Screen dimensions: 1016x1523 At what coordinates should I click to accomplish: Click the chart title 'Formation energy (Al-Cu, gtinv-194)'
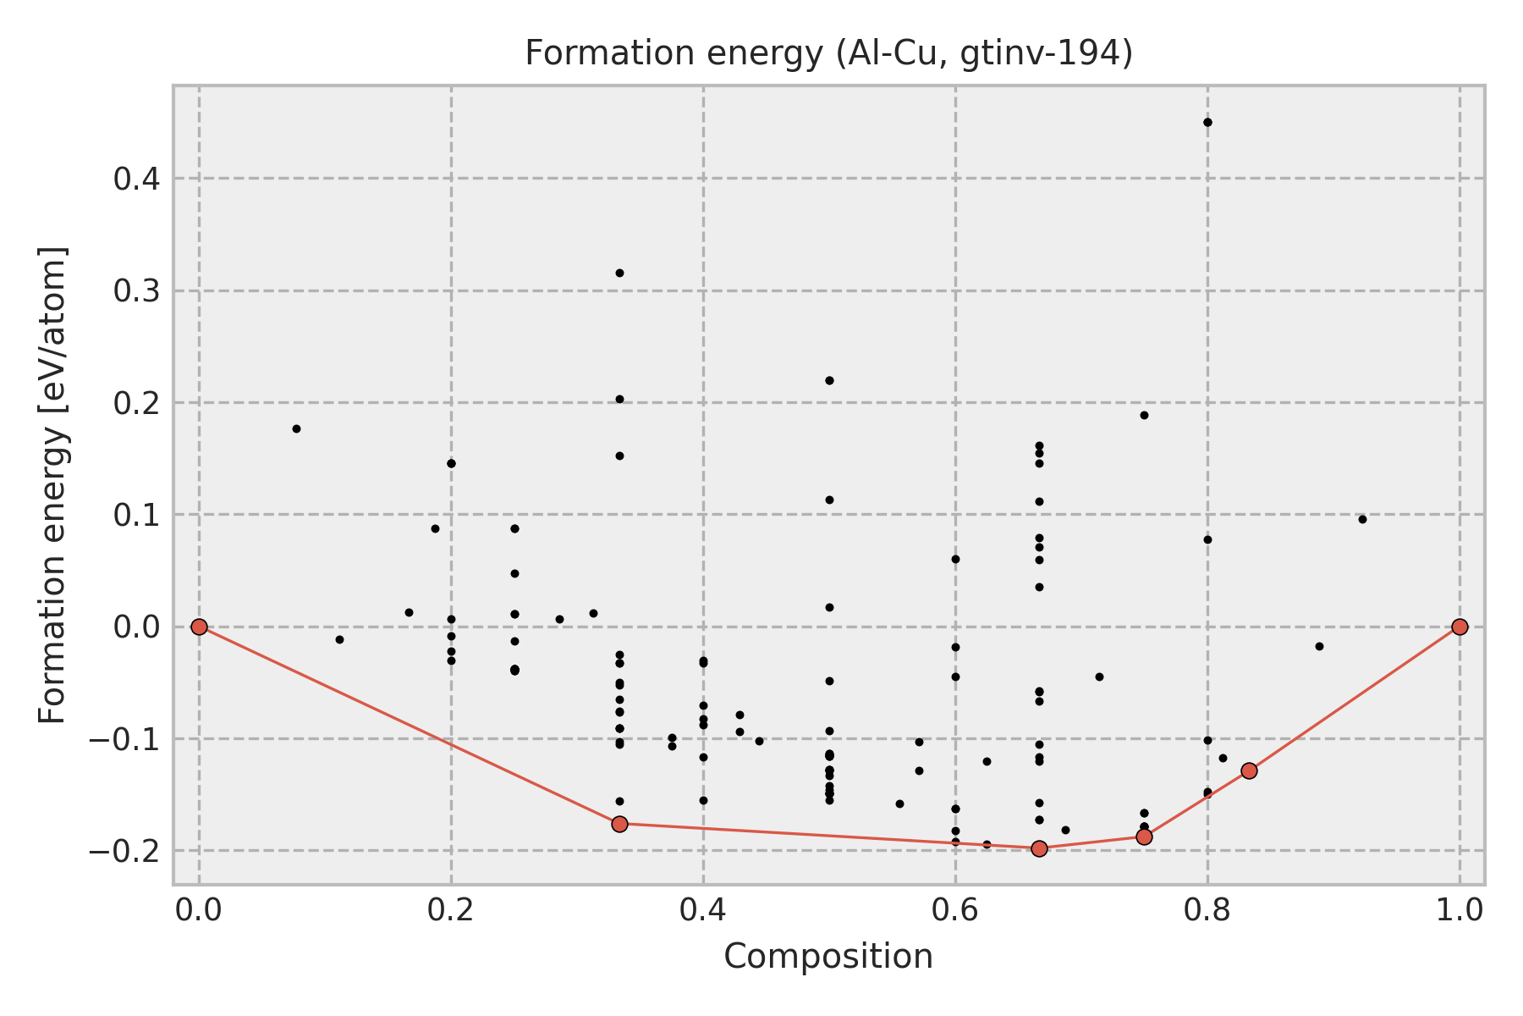click(828, 53)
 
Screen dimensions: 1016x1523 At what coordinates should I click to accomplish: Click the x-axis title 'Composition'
click(828, 957)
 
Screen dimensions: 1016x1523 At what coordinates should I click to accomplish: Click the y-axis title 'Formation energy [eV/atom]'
click(53, 485)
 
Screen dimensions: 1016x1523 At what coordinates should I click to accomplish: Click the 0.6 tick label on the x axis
click(955, 910)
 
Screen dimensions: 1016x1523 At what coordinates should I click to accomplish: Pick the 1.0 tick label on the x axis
click(1460, 910)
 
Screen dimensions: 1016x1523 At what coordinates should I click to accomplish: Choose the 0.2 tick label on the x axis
click(451, 910)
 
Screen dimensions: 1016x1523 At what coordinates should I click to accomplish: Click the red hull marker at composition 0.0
click(199, 627)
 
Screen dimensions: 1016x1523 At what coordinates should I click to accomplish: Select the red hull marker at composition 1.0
click(1460, 627)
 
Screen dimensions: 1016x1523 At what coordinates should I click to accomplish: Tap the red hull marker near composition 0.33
click(619, 824)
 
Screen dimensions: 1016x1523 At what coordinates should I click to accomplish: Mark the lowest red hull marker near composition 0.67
click(1039, 848)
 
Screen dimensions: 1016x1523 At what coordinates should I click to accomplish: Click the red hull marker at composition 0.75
click(1144, 837)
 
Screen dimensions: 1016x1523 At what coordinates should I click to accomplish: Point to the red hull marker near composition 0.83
click(1249, 770)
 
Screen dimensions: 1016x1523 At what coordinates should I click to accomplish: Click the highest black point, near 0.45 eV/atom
click(1207, 122)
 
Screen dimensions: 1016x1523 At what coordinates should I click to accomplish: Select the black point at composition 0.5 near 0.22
click(829, 380)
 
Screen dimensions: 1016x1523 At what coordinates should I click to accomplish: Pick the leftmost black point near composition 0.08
click(296, 428)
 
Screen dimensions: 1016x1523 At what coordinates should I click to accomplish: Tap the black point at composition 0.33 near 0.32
click(619, 273)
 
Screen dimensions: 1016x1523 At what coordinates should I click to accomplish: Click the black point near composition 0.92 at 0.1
click(1362, 519)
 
